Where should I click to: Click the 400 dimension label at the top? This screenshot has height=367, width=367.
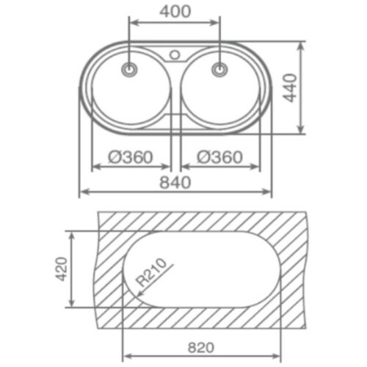175,11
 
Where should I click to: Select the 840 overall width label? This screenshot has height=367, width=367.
175,181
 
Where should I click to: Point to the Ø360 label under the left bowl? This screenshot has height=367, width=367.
130,156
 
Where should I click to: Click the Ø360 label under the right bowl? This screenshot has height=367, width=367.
219,156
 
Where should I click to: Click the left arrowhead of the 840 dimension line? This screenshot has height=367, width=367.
83,192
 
